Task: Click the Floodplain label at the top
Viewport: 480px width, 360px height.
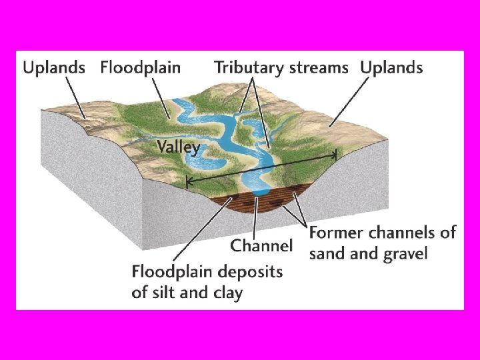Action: [x=140, y=67]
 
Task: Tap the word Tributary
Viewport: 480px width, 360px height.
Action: [x=246, y=67]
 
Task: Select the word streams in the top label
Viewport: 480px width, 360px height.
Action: [x=318, y=67]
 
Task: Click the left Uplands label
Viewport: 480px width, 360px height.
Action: [x=54, y=67]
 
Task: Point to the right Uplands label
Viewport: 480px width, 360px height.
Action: [x=391, y=67]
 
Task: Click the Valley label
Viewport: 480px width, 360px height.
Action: [x=178, y=147]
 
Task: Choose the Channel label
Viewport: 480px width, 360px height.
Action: [x=261, y=245]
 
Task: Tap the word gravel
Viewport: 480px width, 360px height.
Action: [x=403, y=254]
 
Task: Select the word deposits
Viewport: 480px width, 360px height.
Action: [x=250, y=272]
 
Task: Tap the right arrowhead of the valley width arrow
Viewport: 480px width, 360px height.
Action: [x=335, y=154]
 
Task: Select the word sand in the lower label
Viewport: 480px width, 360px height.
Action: [x=327, y=254]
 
